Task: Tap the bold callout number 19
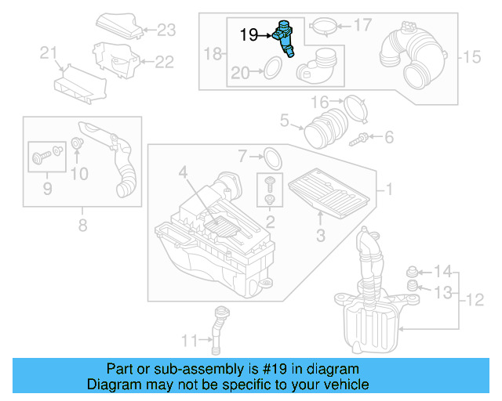pos(249,34)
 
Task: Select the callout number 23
pos(166,31)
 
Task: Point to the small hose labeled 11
pos(218,326)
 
